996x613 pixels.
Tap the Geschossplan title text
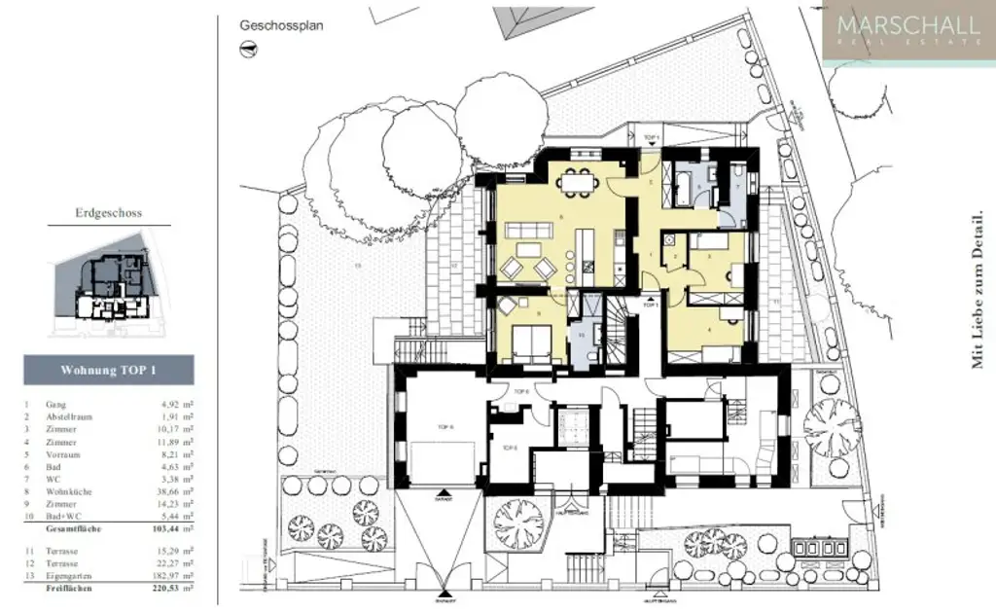281,26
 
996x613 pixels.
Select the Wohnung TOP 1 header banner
108,370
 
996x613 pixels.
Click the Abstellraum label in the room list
69,415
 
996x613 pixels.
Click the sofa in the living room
527,231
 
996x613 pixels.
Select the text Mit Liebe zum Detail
977,292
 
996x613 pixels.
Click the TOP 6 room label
521,391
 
